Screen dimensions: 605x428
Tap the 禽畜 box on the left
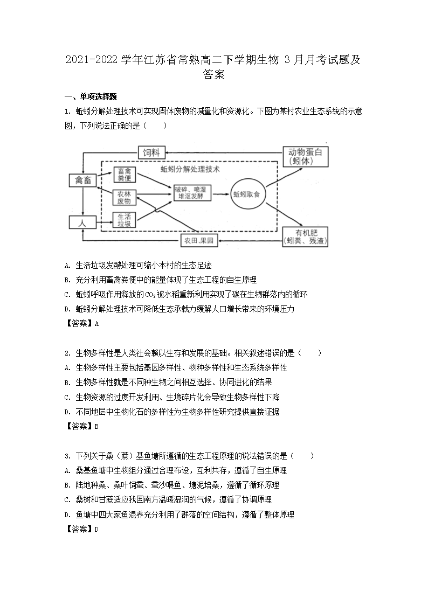82,181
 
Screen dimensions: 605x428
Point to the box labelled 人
82,221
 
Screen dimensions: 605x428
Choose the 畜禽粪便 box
125,175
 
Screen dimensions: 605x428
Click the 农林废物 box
125,197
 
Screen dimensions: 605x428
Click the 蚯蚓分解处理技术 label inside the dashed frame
190,169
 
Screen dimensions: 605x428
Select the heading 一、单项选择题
91,97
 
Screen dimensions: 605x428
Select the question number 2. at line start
67,353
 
